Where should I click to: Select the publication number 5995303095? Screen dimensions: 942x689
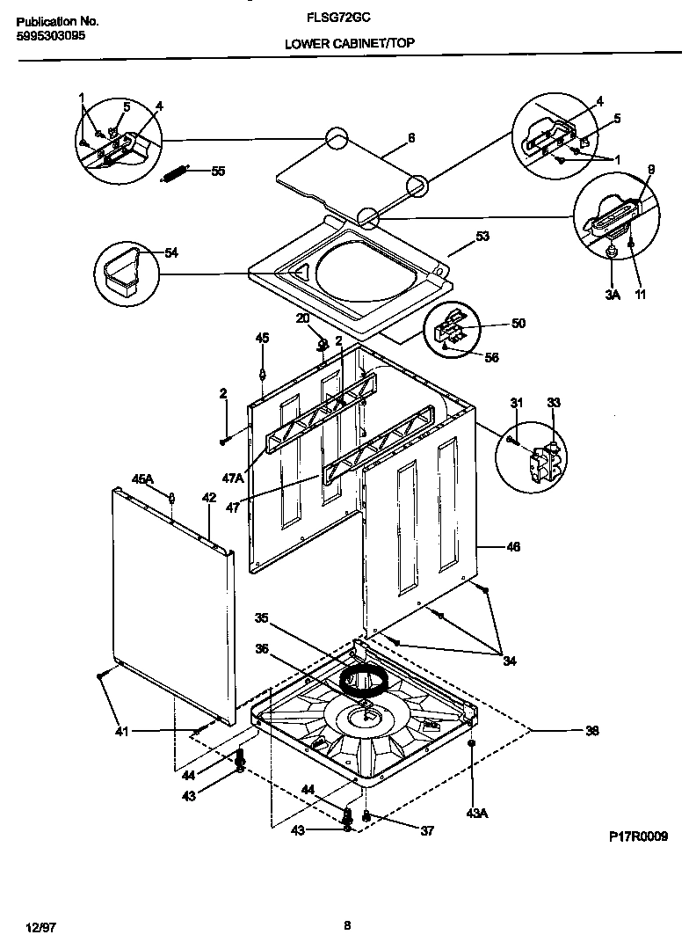point(50,37)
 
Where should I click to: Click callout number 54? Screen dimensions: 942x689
point(170,253)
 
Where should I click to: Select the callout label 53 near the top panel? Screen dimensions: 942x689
point(482,236)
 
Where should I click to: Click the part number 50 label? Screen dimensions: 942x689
point(518,324)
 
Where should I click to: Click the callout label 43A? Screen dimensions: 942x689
point(476,814)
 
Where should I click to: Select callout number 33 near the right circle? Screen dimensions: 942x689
point(553,403)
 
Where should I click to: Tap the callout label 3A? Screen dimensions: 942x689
point(612,296)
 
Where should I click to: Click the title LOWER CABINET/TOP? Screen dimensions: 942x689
point(350,42)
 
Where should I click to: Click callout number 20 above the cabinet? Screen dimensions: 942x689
point(302,318)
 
